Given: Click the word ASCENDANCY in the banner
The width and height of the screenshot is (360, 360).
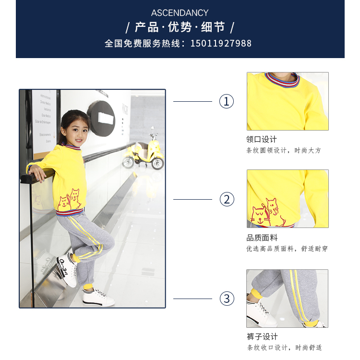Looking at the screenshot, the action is tap(180, 13).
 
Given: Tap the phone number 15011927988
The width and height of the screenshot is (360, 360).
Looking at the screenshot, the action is tap(221, 43).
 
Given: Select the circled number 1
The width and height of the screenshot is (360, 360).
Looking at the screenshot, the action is tap(227, 101).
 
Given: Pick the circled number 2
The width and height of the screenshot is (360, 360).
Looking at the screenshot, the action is tap(227, 199).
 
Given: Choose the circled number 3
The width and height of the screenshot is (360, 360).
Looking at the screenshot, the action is tap(227, 299).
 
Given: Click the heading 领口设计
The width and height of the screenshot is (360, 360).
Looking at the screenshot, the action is tap(262, 139).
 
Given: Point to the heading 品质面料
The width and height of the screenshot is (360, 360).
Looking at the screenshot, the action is tap(262, 238).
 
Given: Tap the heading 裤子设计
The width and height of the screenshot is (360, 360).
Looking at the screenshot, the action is tap(262, 336).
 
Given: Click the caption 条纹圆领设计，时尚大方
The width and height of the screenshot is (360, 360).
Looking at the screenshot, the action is tap(284, 150).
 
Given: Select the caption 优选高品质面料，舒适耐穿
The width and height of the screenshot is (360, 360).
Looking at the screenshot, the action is tap(287, 249).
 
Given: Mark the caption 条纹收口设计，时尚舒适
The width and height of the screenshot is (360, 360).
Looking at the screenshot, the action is tap(285, 348).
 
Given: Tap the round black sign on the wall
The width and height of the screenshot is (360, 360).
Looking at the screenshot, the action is tap(101, 119).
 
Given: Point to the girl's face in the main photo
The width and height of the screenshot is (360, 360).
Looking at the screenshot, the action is tap(77, 132).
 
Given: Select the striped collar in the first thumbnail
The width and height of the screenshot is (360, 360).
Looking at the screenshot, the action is tap(282, 80).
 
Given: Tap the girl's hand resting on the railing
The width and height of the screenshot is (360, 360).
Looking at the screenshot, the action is tap(38, 173).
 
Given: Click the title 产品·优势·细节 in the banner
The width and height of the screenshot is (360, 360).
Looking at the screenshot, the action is tap(180, 27).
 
